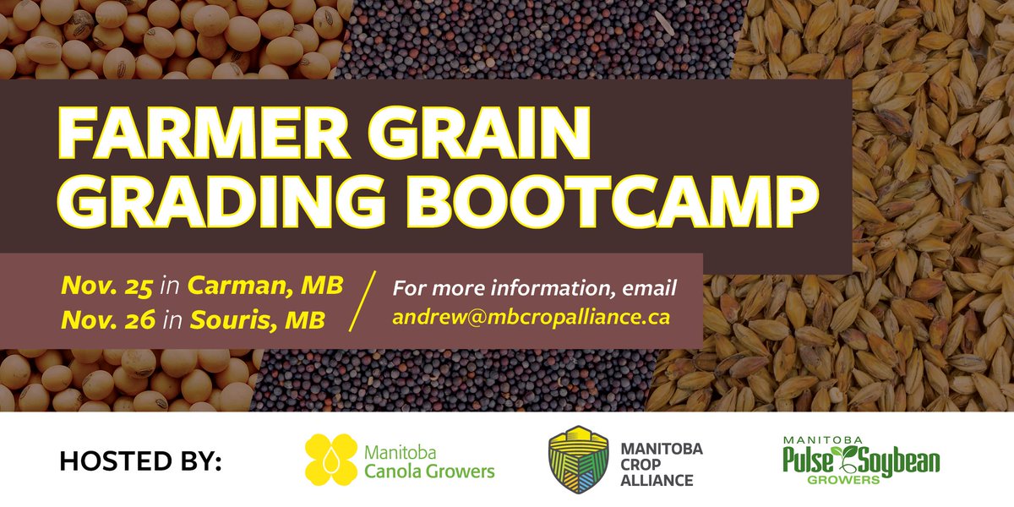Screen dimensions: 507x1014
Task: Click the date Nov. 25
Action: [x=106, y=286]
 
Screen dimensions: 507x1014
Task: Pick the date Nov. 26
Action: [x=106, y=321]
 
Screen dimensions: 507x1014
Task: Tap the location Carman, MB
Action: [x=264, y=286]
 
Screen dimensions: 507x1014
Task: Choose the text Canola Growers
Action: [x=429, y=471]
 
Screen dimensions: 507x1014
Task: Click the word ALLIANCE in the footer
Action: [x=657, y=480]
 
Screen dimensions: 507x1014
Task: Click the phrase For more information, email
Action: [x=534, y=287]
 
